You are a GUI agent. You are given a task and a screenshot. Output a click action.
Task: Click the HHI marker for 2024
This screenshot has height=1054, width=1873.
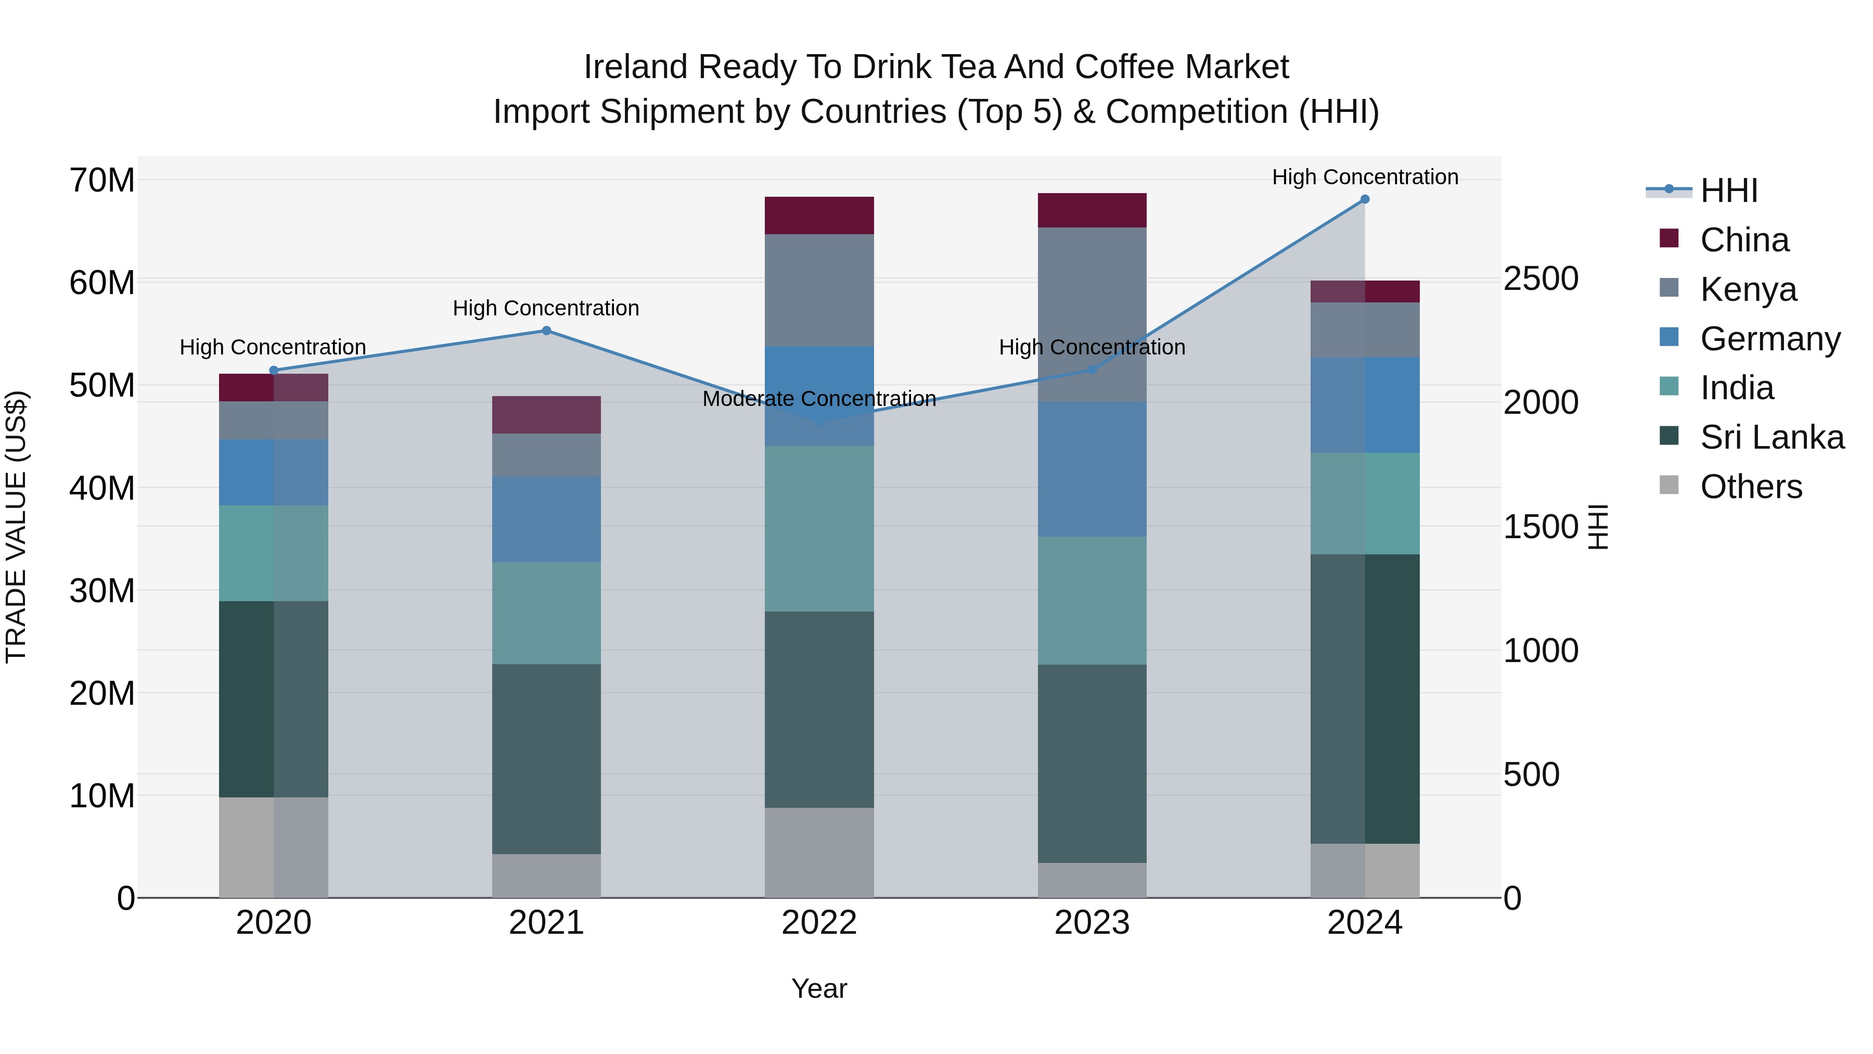click(x=1365, y=199)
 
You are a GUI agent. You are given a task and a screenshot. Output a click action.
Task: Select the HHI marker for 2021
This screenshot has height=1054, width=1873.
click(x=547, y=331)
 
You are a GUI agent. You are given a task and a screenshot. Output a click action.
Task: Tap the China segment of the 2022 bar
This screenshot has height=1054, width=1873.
click(x=819, y=215)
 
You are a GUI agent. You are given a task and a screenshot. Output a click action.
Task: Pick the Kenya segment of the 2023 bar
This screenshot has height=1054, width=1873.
click(x=1092, y=314)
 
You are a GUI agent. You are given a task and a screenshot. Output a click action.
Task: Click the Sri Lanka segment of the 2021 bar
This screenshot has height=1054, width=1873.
click(x=547, y=759)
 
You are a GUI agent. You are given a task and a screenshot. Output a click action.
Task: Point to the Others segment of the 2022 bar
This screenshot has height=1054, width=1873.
click(x=819, y=853)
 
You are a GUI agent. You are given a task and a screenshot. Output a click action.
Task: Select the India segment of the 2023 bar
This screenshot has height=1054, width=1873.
click(x=1092, y=601)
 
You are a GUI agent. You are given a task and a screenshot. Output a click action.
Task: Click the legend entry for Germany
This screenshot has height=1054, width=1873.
click(x=1770, y=339)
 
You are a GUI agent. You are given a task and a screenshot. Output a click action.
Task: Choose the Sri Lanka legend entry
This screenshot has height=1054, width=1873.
click(x=1771, y=437)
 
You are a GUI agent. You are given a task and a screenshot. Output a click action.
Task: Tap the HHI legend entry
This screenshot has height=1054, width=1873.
click(x=1728, y=191)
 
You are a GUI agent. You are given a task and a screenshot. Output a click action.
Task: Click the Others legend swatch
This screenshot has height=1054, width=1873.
click(x=1670, y=485)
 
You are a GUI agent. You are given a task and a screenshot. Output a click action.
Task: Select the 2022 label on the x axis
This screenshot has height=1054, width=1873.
click(x=819, y=923)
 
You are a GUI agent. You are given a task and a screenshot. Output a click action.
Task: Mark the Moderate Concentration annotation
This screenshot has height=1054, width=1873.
click(x=819, y=399)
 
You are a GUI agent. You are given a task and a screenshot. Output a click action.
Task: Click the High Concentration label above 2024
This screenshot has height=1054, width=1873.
click(x=1365, y=177)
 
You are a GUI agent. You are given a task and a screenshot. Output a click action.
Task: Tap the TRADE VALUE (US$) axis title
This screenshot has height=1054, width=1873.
click(x=16, y=527)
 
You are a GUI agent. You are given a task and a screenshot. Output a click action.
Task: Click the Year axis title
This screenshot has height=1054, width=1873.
click(x=819, y=988)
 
